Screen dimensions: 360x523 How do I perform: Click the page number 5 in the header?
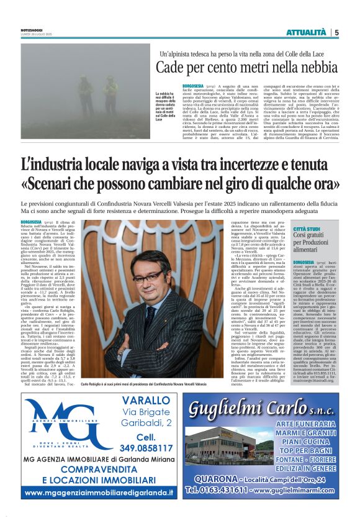(x=336, y=32)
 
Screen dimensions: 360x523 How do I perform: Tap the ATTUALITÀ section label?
(x=307, y=32)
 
